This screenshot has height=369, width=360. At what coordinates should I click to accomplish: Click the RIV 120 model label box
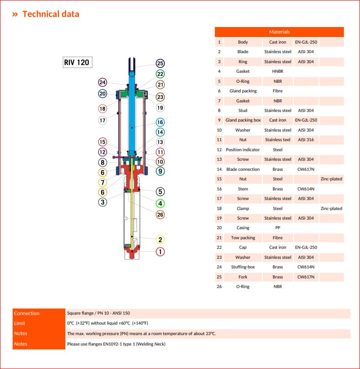click(77, 62)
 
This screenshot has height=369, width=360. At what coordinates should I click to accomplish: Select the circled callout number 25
click(160, 64)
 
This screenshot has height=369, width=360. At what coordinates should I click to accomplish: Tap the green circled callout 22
click(160, 74)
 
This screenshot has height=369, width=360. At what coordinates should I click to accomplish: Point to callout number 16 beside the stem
click(160, 122)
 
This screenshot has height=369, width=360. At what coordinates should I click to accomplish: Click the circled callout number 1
click(160, 251)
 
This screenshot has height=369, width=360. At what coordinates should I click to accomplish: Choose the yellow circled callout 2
click(160, 240)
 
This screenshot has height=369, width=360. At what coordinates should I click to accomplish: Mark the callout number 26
click(160, 214)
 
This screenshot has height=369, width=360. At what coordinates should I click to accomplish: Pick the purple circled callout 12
click(102, 152)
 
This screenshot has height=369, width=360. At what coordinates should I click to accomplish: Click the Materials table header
click(279, 32)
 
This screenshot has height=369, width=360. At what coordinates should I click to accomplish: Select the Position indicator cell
click(243, 149)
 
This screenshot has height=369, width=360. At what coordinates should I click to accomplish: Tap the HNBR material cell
click(278, 71)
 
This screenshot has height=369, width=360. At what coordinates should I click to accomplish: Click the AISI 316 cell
click(306, 140)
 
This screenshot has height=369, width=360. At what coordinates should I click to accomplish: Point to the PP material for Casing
click(278, 228)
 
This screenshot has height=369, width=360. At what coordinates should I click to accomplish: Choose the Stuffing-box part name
click(243, 267)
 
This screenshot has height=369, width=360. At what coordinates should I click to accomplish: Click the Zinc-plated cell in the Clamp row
click(331, 208)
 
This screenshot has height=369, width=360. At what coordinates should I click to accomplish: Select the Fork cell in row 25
click(243, 277)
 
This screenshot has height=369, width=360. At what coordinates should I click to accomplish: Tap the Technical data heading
click(51, 14)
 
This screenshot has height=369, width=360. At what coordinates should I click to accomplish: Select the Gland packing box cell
click(243, 120)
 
